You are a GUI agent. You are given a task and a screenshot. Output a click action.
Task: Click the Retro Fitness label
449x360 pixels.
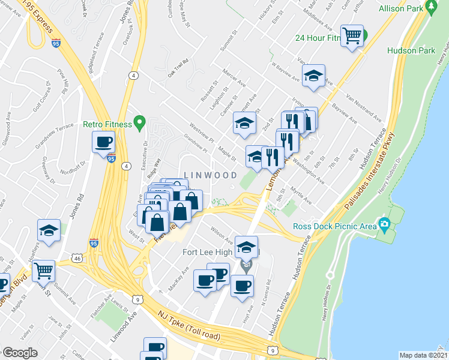click(x=107, y=125)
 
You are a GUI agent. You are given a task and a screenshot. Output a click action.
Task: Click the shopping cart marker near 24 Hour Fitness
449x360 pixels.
click(x=351, y=35)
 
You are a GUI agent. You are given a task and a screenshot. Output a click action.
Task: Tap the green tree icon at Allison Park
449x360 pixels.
click(x=431, y=8)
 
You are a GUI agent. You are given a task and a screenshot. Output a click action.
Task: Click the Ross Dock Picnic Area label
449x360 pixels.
click(x=334, y=226)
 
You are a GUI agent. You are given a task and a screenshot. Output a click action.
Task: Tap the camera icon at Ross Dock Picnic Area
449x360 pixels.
click(x=385, y=226)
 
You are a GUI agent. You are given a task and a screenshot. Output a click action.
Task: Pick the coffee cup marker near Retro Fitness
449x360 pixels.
click(x=103, y=142)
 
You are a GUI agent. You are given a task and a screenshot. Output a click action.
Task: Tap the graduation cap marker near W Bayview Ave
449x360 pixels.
click(x=313, y=76)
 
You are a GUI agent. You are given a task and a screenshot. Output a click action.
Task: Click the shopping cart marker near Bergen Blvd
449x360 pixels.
click(x=44, y=271)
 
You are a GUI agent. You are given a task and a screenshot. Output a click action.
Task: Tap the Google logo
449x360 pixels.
click(x=20, y=353)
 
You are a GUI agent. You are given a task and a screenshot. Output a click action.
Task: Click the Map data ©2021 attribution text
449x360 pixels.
click(x=423, y=355)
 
